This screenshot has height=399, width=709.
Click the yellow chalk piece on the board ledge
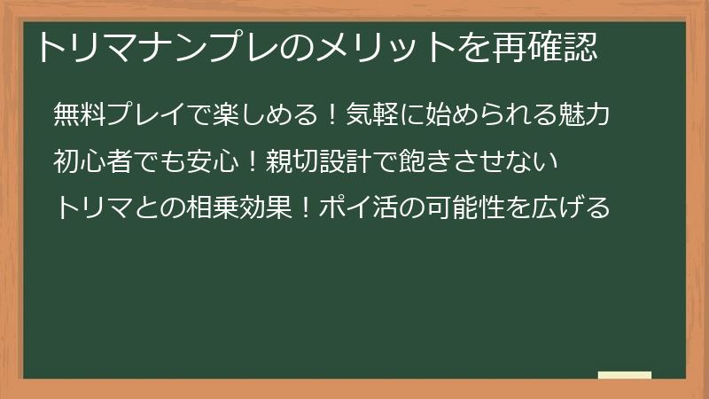pos(625,375)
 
